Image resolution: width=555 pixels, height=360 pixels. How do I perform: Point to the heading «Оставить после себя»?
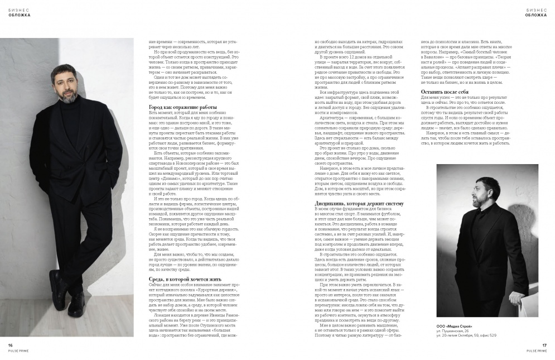point(445,91)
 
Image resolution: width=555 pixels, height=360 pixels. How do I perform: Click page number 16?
point(11,345)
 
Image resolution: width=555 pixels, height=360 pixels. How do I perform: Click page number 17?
point(544,345)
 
